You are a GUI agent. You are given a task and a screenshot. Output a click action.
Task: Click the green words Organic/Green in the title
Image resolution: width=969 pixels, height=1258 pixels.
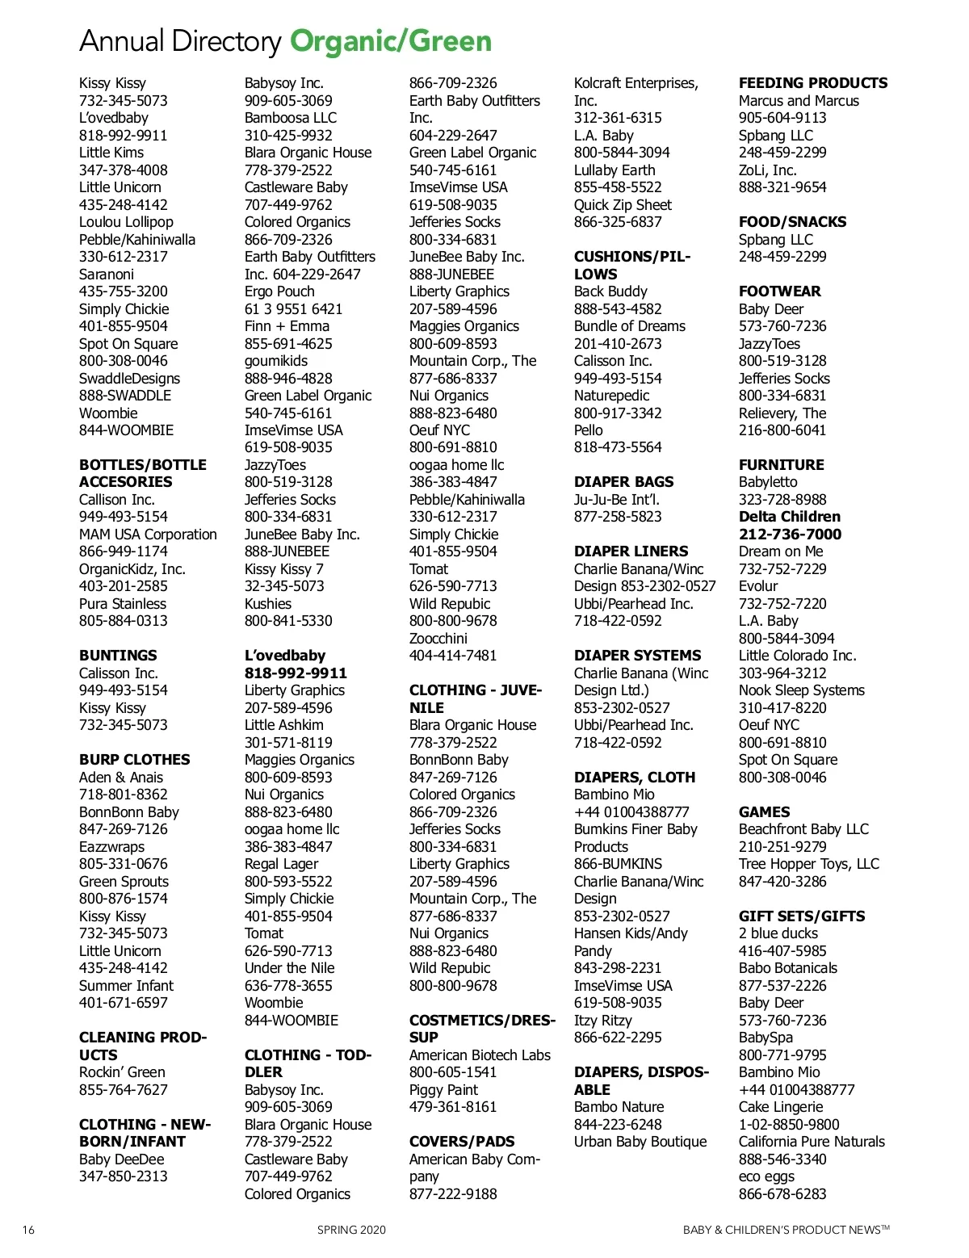tap(391, 41)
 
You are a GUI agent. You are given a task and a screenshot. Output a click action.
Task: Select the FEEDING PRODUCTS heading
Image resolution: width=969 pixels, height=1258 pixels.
tap(812, 83)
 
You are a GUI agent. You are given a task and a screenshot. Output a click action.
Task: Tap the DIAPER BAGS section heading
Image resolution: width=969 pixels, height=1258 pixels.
tap(623, 482)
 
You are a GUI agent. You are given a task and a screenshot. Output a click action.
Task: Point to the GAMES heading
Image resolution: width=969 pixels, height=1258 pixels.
tap(764, 812)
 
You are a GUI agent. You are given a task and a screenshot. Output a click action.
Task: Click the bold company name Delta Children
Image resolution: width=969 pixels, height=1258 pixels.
tap(789, 517)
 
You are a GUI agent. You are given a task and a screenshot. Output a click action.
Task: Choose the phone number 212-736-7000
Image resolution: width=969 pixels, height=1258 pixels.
tap(789, 535)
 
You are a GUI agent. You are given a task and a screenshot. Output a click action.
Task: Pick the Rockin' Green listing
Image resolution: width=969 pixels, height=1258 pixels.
tap(122, 1072)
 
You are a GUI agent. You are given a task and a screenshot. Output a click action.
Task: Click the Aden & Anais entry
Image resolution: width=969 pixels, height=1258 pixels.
tap(121, 778)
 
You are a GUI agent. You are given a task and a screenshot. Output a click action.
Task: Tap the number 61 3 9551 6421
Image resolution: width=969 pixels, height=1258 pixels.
tap(293, 309)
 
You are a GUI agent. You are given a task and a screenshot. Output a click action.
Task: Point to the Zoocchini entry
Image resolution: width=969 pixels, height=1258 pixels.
tap(438, 639)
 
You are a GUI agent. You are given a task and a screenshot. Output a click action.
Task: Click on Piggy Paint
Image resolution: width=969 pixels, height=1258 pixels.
tap(443, 1090)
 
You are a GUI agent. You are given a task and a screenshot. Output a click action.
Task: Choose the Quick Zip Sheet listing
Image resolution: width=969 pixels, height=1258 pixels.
tap(623, 205)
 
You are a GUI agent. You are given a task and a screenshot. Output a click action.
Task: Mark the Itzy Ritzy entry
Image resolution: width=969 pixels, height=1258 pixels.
tap(602, 1021)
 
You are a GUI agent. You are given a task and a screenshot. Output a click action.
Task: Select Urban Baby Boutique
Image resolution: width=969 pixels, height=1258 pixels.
tap(640, 1142)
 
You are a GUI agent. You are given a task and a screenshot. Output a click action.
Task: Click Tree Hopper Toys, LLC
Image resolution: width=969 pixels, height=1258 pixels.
tap(808, 864)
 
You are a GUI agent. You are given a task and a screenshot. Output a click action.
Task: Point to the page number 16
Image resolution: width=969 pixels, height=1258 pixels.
tap(28, 1231)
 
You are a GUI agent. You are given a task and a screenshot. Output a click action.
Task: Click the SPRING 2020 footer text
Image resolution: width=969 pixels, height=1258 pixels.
tap(351, 1231)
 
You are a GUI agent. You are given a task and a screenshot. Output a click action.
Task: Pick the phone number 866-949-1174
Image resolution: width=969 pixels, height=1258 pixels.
tap(123, 551)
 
